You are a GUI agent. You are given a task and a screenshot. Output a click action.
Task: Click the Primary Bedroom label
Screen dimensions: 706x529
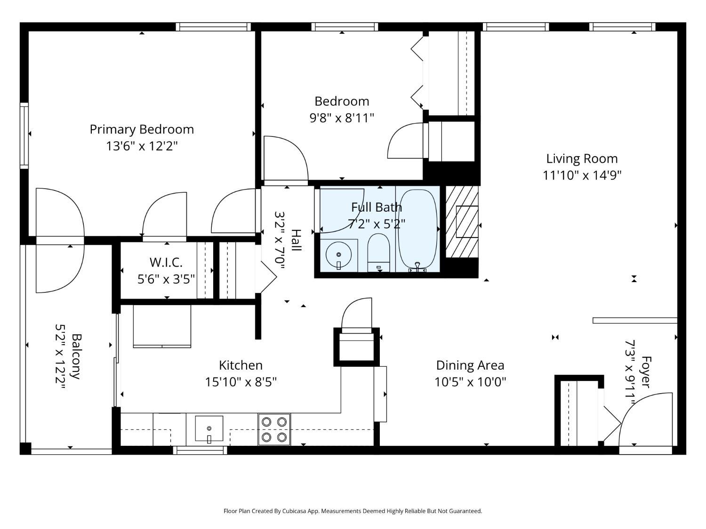point(142,129)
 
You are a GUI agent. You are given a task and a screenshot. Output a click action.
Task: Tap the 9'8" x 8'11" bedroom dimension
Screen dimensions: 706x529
point(342,118)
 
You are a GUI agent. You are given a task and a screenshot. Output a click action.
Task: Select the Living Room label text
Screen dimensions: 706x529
point(582,158)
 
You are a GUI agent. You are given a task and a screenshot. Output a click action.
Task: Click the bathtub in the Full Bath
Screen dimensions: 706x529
point(417,229)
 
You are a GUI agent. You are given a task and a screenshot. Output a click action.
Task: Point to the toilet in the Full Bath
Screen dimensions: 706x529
point(378,253)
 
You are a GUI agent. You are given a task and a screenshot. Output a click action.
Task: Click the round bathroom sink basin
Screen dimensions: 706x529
point(338,255)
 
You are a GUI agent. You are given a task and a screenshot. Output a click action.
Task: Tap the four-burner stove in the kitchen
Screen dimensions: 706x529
point(274,429)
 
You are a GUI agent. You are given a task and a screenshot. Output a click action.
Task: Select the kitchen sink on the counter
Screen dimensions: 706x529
point(209,428)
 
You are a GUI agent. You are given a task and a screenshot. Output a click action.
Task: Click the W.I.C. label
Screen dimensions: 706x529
point(166,262)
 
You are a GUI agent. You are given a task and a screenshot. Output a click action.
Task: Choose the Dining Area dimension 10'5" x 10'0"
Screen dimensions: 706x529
point(470,382)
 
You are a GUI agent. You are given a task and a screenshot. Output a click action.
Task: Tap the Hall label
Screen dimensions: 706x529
point(296,240)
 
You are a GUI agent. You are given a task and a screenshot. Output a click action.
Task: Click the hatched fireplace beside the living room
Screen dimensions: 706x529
point(462,222)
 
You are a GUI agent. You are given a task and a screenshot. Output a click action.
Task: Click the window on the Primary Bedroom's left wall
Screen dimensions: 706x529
point(24,135)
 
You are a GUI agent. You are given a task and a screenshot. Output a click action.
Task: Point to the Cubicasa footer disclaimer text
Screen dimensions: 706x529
point(353,511)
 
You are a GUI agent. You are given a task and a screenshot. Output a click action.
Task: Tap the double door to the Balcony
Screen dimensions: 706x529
point(60,240)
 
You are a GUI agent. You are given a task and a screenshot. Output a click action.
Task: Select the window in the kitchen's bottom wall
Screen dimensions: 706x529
point(200,450)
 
